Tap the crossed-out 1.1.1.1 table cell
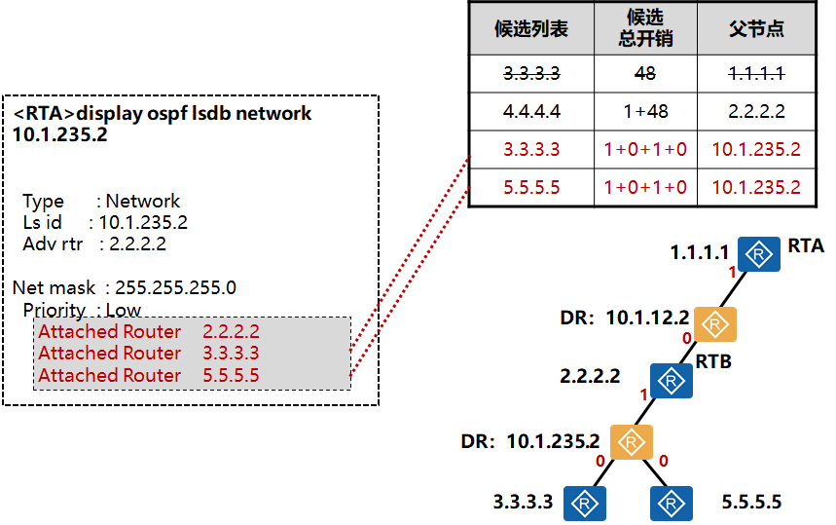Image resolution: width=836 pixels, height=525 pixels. [x=756, y=73]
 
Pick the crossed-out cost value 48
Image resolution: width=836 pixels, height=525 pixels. [x=644, y=73]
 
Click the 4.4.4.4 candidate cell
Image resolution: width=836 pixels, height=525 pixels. [x=531, y=111]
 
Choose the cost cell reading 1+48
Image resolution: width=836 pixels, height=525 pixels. [x=644, y=111]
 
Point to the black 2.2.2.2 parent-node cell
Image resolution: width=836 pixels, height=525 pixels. [x=756, y=111]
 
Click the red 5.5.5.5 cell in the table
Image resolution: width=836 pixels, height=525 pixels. [x=531, y=187]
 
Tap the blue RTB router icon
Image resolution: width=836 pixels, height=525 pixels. [x=671, y=380]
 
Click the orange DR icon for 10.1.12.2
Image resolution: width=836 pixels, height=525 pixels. [x=715, y=323]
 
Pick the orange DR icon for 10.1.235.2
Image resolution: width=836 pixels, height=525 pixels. [x=632, y=443]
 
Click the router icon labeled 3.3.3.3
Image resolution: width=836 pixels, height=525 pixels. [x=585, y=503]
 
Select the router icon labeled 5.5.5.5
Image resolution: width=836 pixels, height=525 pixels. [x=671, y=503]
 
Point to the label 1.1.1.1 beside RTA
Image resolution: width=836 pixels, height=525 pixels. [x=699, y=253]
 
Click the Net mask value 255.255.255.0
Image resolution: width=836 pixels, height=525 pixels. [x=175, y=287]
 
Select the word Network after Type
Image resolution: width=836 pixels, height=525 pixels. [x=143, y=202]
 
